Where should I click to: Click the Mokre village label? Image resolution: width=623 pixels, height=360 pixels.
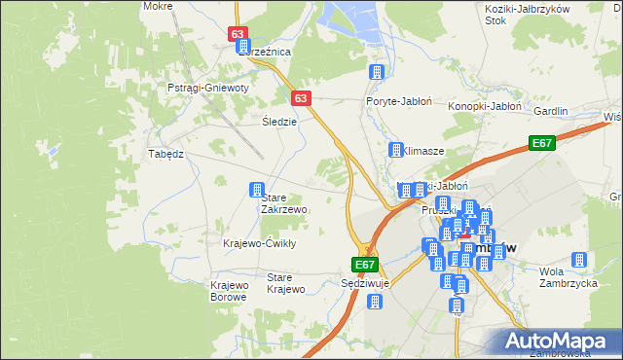pos(157,6)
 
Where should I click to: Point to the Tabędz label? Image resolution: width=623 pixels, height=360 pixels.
pos(165,154)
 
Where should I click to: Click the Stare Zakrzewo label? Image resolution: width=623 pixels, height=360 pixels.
pos(284,203)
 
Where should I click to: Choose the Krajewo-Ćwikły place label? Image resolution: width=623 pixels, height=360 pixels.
pos(259,243)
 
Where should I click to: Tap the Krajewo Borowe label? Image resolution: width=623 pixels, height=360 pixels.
pos(230,291)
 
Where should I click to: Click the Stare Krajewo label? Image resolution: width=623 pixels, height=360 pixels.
pos(286,283)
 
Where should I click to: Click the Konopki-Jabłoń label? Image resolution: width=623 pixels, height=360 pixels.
pos(486,106)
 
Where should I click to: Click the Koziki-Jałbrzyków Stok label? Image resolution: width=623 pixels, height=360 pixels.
pos(523,13)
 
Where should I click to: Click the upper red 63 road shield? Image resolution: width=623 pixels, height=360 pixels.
pos(239,34)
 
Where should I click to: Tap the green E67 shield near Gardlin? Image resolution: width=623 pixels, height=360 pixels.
pos(542,144)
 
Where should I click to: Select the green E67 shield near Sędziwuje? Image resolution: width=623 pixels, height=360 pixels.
pos(364,265)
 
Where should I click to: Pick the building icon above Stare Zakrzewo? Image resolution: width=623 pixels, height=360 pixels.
pos(257,190)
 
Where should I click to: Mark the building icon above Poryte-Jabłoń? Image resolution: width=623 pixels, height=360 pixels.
pos(377,72)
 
